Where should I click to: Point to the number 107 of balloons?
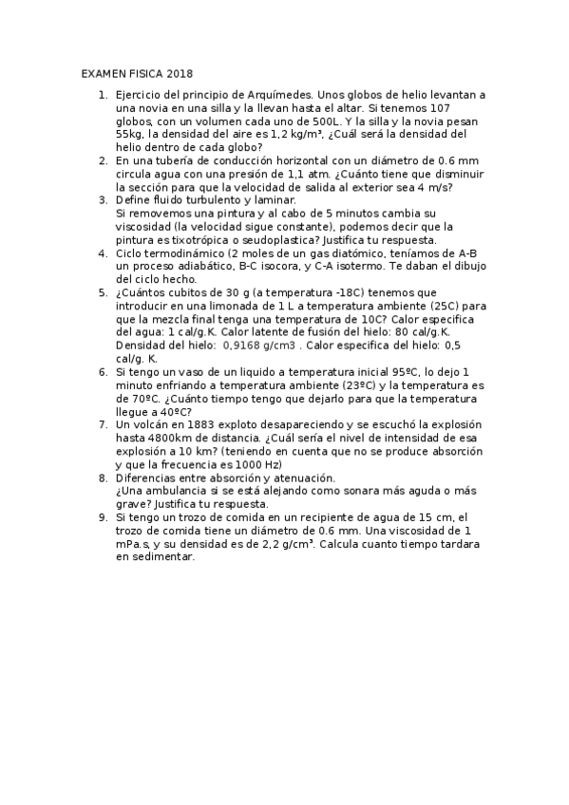(472, 109)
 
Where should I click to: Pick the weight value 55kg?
(128, 136)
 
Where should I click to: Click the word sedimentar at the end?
(162, 557)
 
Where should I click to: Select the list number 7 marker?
(103, 424)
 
